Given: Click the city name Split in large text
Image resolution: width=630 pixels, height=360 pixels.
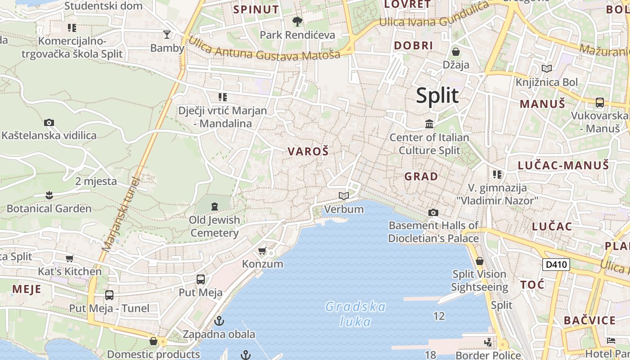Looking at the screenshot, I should tap(437, 96).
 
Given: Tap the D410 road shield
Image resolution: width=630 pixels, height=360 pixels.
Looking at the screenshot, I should tap(556, 265).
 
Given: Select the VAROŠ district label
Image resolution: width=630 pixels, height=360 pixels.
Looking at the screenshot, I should tap(308, 152).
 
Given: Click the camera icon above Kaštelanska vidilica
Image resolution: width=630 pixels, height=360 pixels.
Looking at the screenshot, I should tap(49, 122).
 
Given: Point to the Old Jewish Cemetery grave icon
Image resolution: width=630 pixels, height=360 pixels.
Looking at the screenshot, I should tap(215, 207).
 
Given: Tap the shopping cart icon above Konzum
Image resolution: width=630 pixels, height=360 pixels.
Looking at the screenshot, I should tap(262, 251).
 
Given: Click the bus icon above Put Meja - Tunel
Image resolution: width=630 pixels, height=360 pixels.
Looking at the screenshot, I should tap(109, 295).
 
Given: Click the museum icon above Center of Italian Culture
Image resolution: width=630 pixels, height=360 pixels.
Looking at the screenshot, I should tap(429, 124).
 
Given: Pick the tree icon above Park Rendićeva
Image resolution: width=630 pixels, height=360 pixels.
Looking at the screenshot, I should tap(297, 21).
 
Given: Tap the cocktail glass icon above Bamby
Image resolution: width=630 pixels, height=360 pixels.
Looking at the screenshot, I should tap(167, 35).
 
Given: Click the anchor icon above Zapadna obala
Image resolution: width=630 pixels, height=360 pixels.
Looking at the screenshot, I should tap(219, 321).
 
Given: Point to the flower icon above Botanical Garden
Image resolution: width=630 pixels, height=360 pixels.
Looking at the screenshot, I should tap(49, 195).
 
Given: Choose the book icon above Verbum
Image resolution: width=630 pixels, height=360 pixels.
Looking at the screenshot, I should tap(344, 196).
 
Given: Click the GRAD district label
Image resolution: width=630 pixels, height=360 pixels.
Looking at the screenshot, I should tap(421, 176).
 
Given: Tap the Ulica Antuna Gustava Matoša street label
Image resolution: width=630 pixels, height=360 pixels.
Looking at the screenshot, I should tap(264, 49).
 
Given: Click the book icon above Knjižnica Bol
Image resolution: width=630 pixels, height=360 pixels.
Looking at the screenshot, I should tap(547, 68).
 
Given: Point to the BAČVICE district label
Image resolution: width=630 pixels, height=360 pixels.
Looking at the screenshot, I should tap(589, 321).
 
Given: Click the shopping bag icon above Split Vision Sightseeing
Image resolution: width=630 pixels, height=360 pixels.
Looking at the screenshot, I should tap(480, 261).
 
